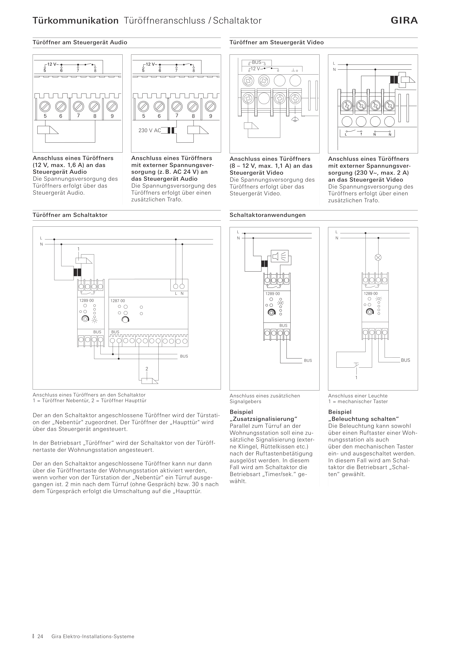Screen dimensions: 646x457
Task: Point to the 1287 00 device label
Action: click(x=117, y=301)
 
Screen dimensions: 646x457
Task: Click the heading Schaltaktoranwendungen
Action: click(x=268, y=215)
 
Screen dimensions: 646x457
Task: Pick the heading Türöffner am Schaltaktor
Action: click(x=70, y=215)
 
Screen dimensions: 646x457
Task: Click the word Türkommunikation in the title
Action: click(x=75, y=20)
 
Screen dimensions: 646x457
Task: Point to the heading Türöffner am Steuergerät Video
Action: click(x=277, y=42)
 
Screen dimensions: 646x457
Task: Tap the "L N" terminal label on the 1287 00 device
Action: click(x=179, y=293)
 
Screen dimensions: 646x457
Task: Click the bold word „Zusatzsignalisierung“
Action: click(x=264, y=419)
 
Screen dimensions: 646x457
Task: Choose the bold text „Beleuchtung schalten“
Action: click(x=363, y=419)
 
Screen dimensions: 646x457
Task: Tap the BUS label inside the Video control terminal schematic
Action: click(x=257, y=62)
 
